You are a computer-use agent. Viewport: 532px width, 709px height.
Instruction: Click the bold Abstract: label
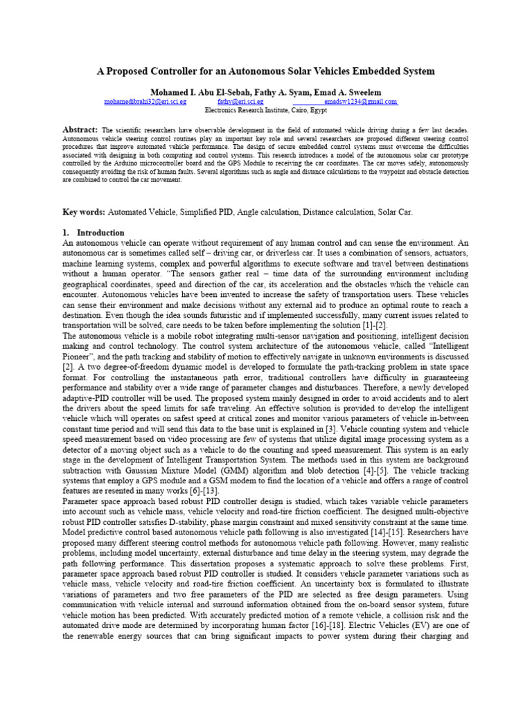(80, 130)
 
